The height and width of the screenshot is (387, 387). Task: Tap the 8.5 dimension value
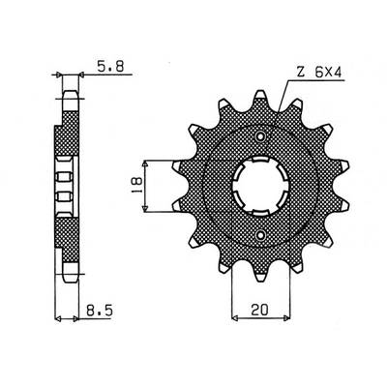pos(99,312)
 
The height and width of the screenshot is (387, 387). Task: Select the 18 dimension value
pos(135,185)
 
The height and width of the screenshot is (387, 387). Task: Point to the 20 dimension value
pos(259,311)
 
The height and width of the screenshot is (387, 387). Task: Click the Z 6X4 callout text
pos(318,74)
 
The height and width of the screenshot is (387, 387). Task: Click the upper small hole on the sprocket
pos(260,136)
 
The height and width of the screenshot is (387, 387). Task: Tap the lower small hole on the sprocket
pos(260,234)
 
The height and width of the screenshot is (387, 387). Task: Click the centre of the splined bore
pos(260,186)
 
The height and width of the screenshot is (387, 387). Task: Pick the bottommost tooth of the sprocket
pos(260,273)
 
